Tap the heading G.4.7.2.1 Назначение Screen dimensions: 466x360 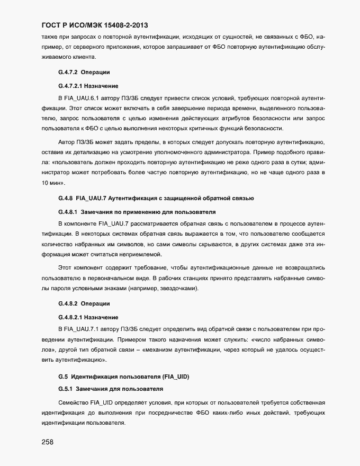click(88, 85)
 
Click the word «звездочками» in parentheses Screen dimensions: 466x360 click(180, 289)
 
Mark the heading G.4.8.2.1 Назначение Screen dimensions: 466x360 click(88, 317)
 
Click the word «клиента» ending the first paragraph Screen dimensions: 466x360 click(84, 56)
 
